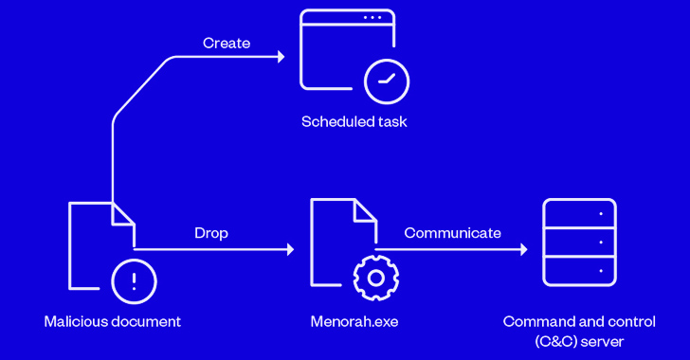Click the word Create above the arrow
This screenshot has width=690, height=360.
pos(227,44)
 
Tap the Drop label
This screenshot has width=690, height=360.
pos(211,233)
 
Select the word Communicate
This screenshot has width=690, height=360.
pos(452,233)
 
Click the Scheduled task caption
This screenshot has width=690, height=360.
pos(354,121)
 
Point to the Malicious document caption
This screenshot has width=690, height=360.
pos(113,322)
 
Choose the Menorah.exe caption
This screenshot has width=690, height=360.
pos(354,322)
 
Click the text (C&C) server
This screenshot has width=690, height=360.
pos(579,341)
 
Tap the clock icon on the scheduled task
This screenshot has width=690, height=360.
pos(387,81)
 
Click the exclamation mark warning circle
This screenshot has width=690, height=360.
pos(134,281)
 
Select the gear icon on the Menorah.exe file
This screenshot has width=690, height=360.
pos(375,279)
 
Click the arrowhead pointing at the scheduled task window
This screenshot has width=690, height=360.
pos(281,57)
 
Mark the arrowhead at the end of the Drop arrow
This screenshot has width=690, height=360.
pos(290,249)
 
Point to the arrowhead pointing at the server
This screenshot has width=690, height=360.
pos(523,249)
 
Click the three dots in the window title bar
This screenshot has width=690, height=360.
pos(372,18)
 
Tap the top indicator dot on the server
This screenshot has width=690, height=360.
pos(601,214)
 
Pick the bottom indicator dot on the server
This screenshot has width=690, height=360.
pos(601,271)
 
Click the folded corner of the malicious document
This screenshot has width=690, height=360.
pos(123,214)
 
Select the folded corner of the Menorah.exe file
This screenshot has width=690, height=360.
pos(365,210)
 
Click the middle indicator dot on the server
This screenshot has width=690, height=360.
pos(601,243)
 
